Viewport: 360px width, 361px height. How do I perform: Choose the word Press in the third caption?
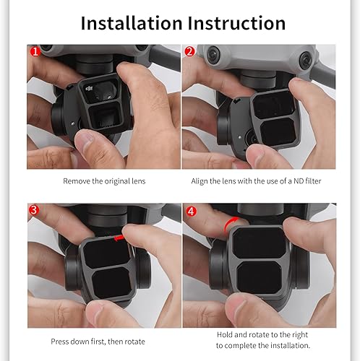[60, 340]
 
